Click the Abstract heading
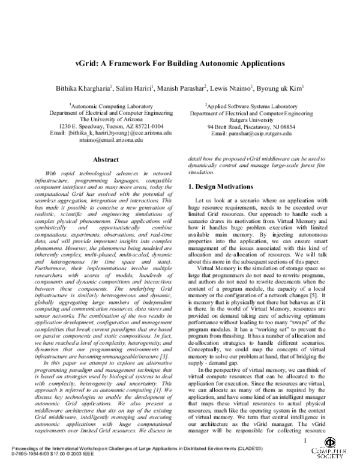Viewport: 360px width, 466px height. point(103,160)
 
